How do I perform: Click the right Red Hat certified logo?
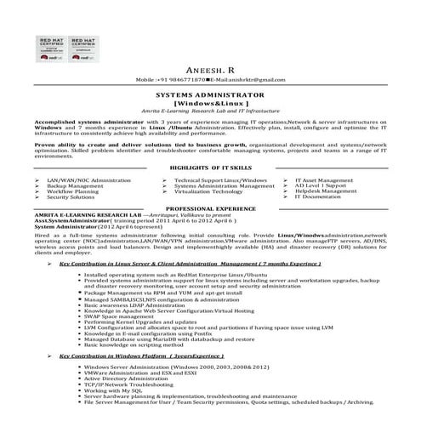tap(79, 50)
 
